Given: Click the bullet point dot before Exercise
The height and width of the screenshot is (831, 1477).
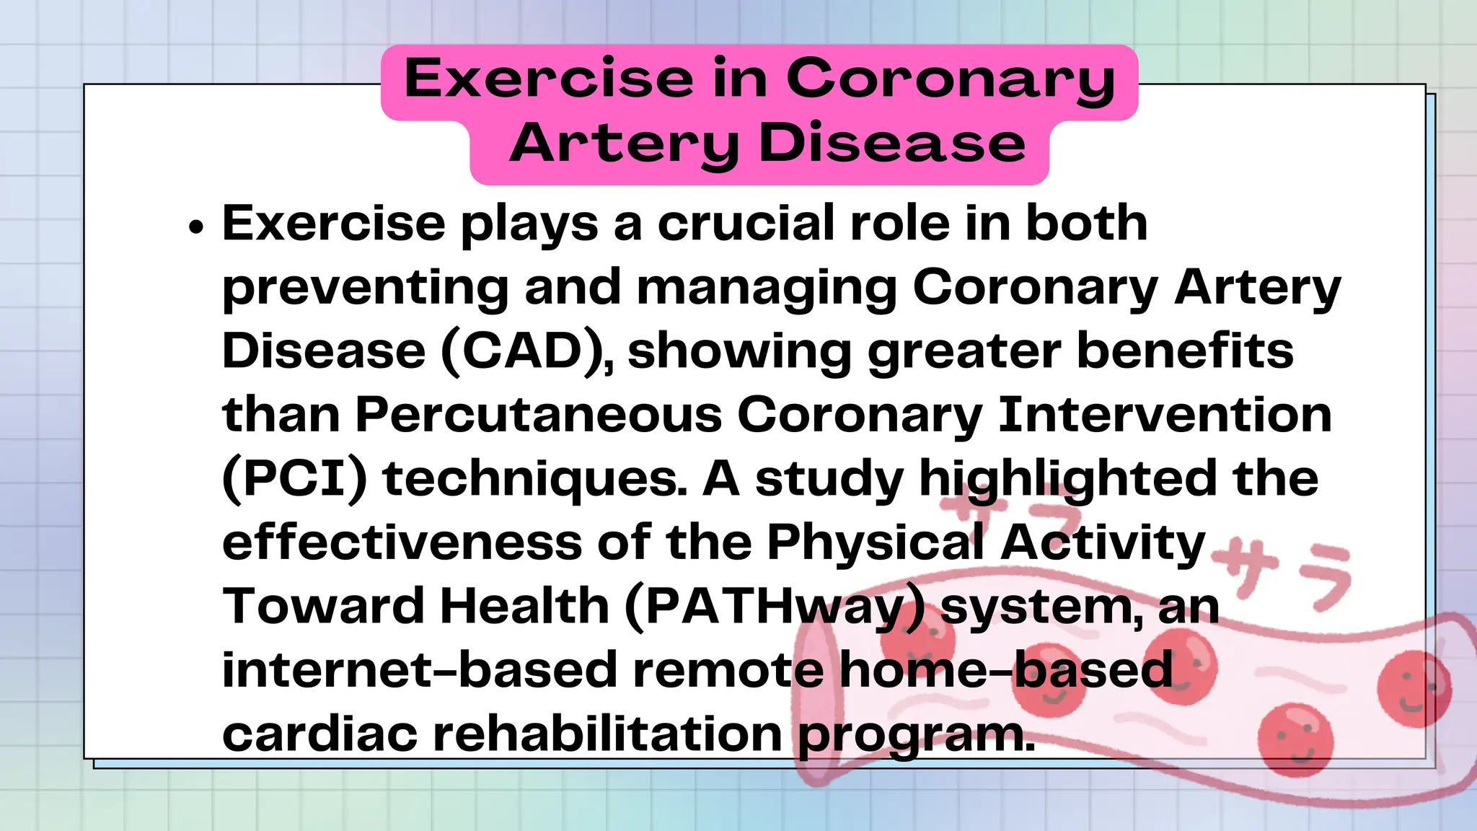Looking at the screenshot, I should point(196,227).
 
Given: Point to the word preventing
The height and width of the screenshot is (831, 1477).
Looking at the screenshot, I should point(365,288).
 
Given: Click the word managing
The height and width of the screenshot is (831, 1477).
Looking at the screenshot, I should point(767,288).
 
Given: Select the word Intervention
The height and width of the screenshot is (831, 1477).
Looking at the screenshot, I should point(1164,415).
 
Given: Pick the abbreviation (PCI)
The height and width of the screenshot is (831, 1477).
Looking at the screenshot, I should point(295,479).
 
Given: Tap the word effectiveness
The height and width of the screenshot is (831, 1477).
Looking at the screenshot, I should point(402,542).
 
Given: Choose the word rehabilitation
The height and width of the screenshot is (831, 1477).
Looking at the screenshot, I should point(607,734).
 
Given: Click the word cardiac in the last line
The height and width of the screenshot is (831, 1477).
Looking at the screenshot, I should point(319,734).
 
